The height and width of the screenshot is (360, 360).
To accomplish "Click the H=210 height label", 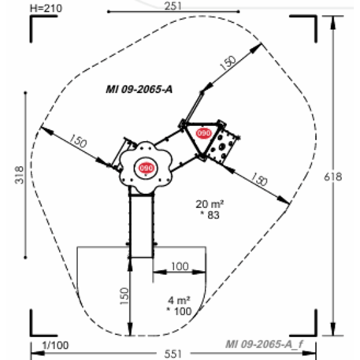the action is click(46, 9).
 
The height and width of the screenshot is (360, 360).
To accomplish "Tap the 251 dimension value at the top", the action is click(173, 6).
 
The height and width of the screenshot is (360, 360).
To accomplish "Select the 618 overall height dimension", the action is click(332, 177).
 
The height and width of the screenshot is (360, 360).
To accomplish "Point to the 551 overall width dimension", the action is click(173, 354).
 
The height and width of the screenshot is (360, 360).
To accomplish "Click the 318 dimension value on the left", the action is click(20, 175).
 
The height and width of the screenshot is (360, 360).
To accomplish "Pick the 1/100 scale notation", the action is click(56, 345).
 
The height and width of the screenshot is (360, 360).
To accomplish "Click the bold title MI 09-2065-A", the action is click(139, 90).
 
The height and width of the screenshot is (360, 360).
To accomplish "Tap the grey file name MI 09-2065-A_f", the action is click(265, 344).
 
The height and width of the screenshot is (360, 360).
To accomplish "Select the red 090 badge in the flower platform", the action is click(147, 168).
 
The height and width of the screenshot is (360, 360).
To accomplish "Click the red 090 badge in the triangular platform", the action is click(204, 133).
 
